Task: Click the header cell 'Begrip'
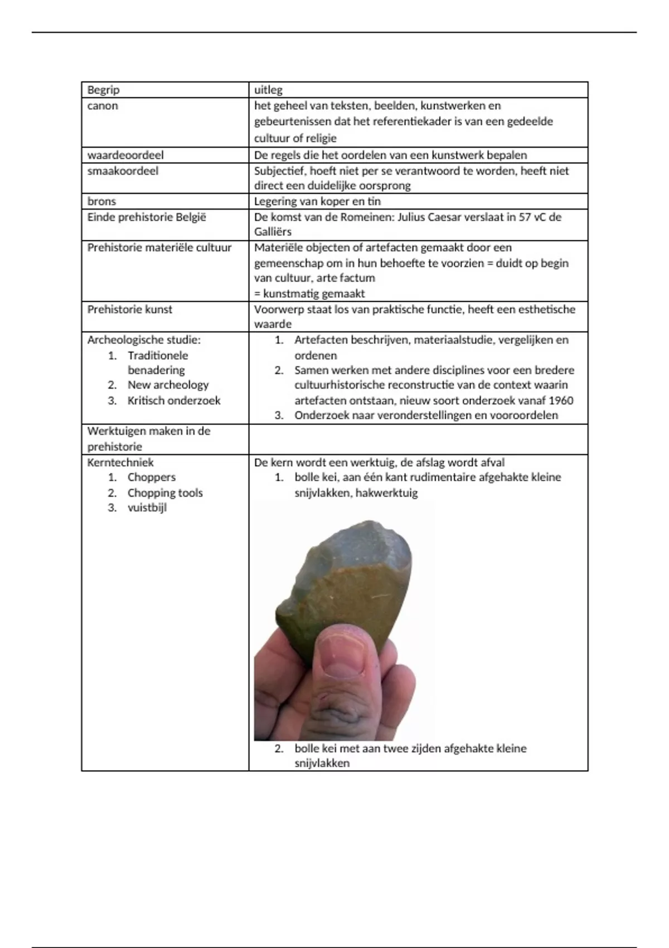click(103, 90)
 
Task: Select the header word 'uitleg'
click(268, 90)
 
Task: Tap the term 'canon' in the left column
click(103, 106)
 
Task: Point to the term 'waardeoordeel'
click(125, 155)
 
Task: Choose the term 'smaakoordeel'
click(123, 171)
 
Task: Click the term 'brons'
click(101, 201)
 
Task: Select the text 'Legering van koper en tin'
click(317, 201)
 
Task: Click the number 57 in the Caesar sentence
click(525, 217)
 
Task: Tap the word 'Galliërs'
click(273, 232)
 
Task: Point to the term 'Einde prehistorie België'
click(147, 217)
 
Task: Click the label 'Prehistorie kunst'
click(130, 309)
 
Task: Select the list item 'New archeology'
click(168, 385)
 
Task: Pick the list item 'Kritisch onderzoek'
click(174, 400)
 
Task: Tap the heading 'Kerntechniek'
click(120, 462)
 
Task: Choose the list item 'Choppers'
click(151, 477)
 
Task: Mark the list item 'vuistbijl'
click(147, 507)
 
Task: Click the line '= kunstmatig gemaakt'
click(309, 293)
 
